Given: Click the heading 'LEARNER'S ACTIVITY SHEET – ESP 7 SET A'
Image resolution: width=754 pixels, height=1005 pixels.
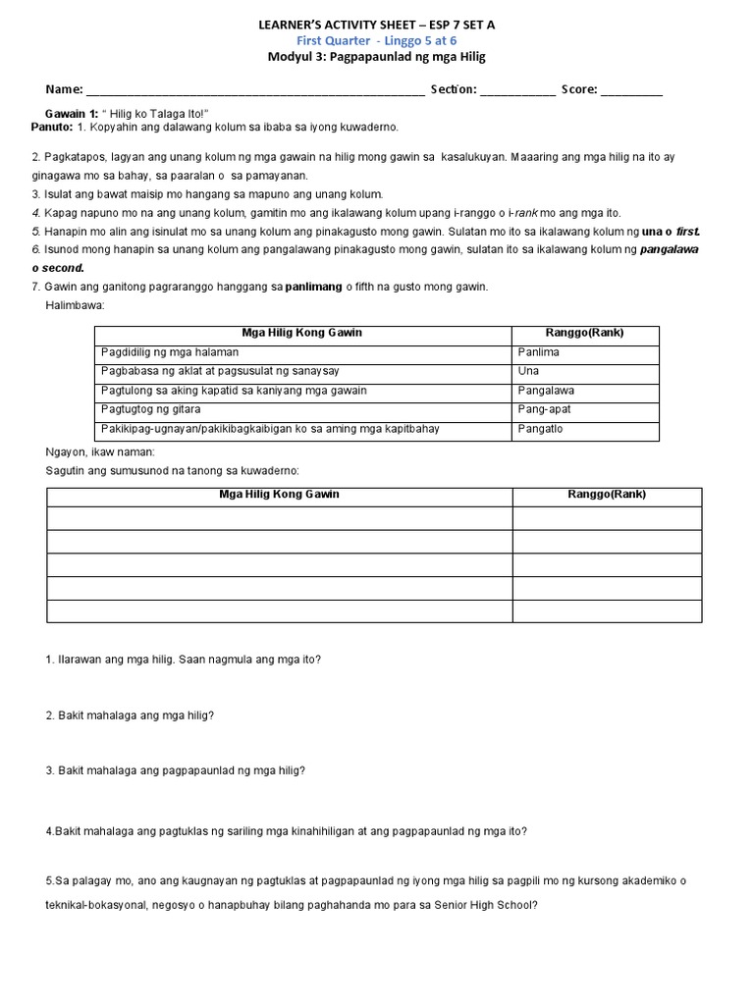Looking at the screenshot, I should coord(377,24).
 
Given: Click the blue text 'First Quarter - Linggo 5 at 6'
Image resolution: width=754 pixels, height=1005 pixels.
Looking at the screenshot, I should coord(377,40).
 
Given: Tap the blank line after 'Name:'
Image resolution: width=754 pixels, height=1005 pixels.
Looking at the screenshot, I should coord(255,90).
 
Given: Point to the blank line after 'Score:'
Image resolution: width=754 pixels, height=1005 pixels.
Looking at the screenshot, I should coord(631,90).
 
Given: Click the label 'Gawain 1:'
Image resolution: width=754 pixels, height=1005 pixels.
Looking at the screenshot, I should coord(72,114).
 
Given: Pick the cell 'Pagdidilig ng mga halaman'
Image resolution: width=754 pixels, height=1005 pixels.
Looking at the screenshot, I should coord(170,352).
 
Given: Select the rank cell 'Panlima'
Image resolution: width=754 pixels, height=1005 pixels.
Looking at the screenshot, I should coord(538,352).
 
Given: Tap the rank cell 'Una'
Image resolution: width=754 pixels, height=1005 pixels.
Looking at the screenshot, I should coord(528,371).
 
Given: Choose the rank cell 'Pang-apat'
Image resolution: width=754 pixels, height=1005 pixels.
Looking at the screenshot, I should coord(544,409).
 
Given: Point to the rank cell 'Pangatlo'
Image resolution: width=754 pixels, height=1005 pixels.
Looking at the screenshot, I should coord(540,429).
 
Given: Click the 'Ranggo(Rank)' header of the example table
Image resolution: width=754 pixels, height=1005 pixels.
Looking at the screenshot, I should coord(585,333).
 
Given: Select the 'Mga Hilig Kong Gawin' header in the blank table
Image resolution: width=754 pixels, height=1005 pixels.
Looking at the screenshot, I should coord(279,495).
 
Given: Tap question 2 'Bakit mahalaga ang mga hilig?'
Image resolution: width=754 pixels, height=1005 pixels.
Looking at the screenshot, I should coord(130,715).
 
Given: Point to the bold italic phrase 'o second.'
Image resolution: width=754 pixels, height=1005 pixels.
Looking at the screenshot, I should coord(58,268).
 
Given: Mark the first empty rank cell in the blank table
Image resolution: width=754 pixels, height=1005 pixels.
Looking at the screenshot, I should coord(607,518).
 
